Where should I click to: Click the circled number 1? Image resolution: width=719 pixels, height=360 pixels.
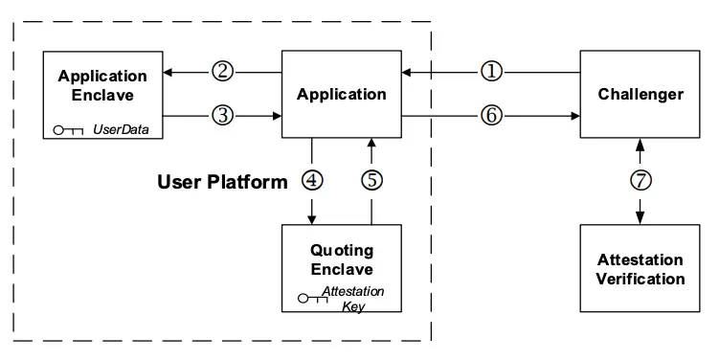click(x=491, y=72)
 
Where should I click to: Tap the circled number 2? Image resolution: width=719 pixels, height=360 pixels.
click(x=222, y=72)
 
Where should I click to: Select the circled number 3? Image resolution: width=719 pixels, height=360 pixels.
click(x=222, y=115)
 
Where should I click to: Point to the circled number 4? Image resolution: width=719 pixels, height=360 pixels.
click(x=312, y=180)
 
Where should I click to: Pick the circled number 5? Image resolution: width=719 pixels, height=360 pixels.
click(x=371, y=180)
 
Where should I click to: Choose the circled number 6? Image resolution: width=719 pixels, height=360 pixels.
click(x=491, y=115)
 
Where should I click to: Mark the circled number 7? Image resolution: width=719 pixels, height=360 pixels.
click(x=640, y=180)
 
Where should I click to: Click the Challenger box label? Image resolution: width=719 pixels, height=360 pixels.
click(x=640, y=95)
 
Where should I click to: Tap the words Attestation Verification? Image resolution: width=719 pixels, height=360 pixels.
click(x=640, y=269)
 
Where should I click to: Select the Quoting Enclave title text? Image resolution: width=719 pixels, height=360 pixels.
click(x=342, y=259)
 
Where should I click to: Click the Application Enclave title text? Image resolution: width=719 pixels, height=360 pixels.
click(x=102, y=85)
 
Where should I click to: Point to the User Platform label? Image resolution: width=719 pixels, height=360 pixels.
click(x=222, y=182)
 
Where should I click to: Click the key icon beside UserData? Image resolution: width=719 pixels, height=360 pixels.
click(x=68, y=130)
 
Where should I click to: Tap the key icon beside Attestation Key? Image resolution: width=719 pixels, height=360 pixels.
click(x=313, y=299)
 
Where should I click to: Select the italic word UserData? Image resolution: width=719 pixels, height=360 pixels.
click(x=121, y=129)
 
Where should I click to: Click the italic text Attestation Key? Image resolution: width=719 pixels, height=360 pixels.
click(x=352, y=299)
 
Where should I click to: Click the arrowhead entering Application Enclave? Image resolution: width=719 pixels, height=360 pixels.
click(x=168, y=72)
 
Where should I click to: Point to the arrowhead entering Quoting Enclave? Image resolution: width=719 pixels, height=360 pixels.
click(x=312, y=219)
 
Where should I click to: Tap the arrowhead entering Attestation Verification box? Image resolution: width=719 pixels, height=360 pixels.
click(x=640, y=219)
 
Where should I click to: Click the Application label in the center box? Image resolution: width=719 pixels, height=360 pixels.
click(x=342, y=95)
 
